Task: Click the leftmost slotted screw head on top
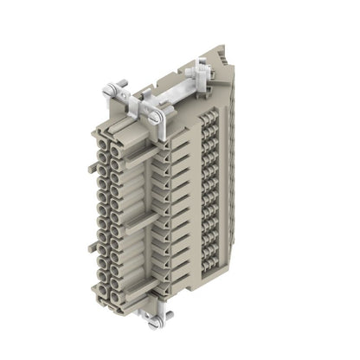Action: click(109, 89)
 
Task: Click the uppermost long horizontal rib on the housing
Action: click(143, 157)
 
